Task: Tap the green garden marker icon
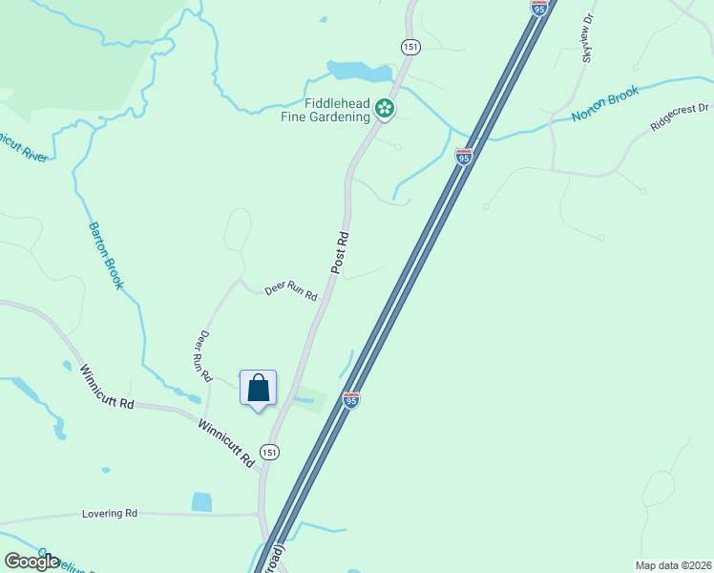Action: tap(385, 109)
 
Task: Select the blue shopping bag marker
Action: tap(258, 389)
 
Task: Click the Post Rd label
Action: tap(340, 252)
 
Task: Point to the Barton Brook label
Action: tap(106, 256)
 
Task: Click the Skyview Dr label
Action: tap(587, 38)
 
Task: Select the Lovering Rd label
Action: tap(110, 513)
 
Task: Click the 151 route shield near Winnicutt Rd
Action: tap(270, 452)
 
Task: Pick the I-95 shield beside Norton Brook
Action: tap(464, 157)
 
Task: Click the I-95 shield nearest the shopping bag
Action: tap(350, 400)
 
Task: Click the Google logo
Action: tap(31, 562)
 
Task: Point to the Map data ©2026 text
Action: tap(673, 564)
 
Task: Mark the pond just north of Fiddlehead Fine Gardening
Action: tap(359, 72)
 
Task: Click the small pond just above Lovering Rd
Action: tap(201, 502)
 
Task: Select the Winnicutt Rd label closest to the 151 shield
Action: tap(226, 442)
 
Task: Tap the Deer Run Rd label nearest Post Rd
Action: tap(290, 291)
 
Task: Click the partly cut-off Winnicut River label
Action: tap(21, 146)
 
